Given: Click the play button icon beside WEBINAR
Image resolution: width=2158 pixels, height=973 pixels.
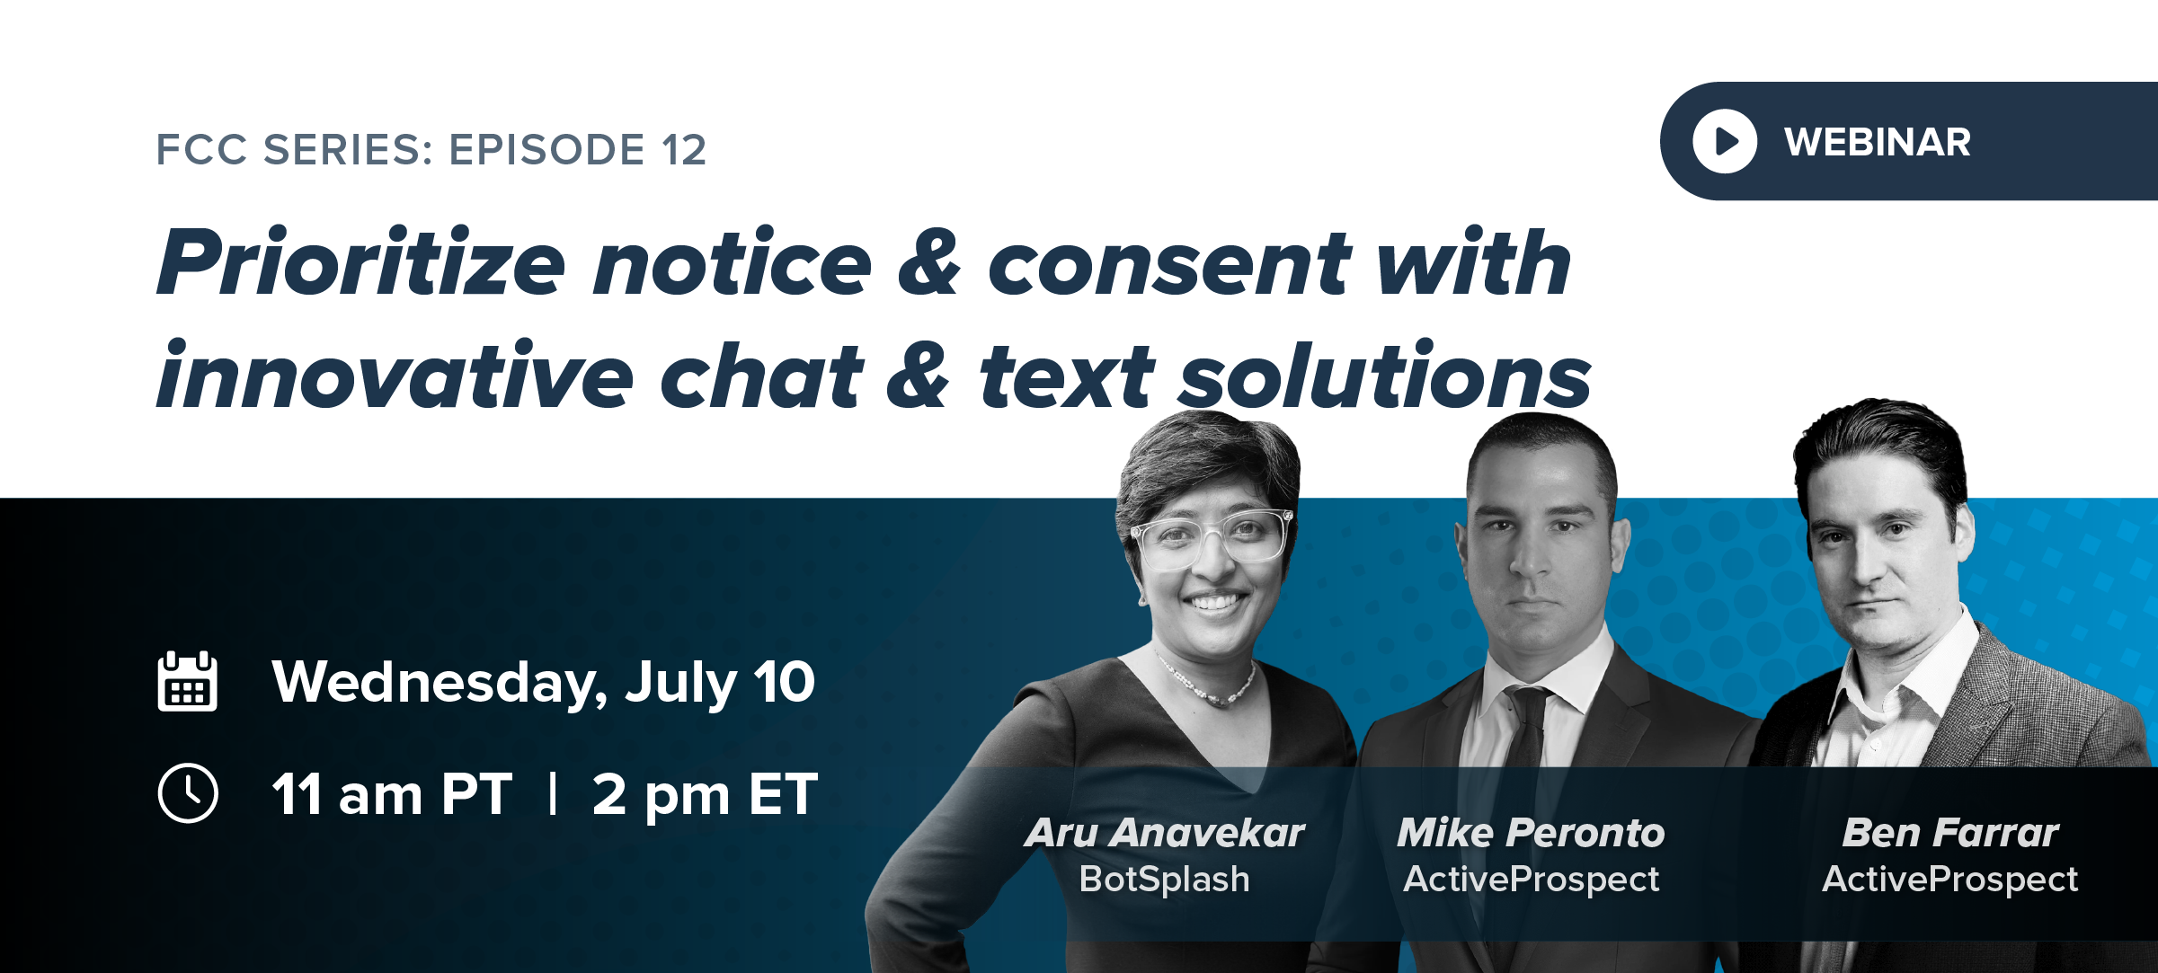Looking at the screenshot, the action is [x=1724, y=141].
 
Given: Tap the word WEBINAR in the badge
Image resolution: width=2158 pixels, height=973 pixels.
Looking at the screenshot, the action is [x=1878, y=142].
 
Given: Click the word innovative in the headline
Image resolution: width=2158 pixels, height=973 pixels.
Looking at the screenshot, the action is [x=395, y=375].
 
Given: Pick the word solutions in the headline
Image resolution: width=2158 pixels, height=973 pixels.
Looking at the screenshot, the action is [x=1385, y=375].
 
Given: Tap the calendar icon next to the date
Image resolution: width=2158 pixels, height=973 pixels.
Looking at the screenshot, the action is [x=187, y=681].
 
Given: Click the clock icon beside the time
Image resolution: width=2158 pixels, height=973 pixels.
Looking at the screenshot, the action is [x=187, y=793].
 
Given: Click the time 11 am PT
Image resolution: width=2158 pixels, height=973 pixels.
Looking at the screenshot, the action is [x=392, y=794].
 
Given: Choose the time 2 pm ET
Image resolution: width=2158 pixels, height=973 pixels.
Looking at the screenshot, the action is [x=705, y=795].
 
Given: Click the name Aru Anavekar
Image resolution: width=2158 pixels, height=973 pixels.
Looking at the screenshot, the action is [x=1164, y=833].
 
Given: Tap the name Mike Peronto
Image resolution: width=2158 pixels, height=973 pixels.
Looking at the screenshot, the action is [x=1531, y=833].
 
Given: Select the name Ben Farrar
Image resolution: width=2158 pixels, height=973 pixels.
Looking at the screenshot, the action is [x=1949, y=833].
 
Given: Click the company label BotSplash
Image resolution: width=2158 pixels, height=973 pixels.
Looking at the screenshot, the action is [x=1164, y=879].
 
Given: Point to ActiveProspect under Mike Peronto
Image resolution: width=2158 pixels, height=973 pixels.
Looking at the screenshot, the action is [x=1531, y=879].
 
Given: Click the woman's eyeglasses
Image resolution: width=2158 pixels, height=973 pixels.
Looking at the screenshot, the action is [x=1211, y=537].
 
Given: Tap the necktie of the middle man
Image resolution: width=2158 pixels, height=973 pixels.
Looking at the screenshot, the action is [x=1525, y=728].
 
